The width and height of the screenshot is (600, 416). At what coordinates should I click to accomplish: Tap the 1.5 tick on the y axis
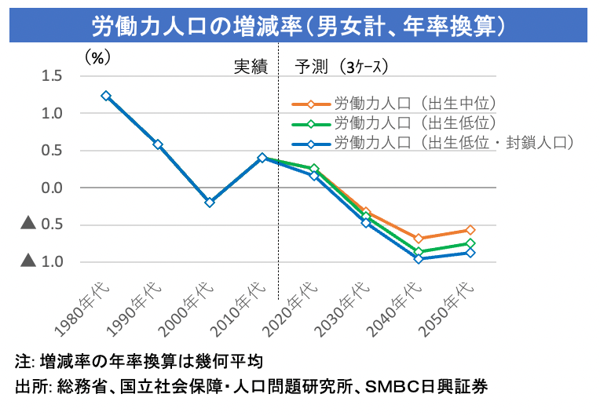52,76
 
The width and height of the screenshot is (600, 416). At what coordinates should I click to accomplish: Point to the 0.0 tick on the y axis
52,188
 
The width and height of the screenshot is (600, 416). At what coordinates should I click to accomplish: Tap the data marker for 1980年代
106,96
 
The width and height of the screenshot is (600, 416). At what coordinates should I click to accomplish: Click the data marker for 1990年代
158,144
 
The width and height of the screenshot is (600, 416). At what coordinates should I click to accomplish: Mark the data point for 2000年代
210,203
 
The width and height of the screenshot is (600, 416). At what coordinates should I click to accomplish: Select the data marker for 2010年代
262,158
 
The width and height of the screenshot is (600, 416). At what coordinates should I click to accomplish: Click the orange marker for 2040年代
419,238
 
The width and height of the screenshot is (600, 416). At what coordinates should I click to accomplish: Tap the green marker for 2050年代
470,243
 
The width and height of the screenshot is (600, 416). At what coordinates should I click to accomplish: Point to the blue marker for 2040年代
419,258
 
